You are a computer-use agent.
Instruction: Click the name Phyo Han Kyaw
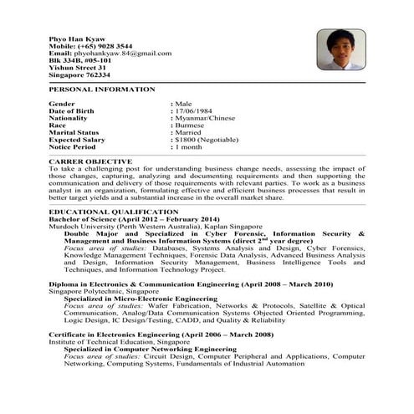pyautogui.click(x=79, y=37)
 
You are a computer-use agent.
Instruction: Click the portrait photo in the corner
pyautogui.click(x=340, y=51)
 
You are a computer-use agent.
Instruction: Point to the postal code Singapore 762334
pyautogui.click(x=79, y=75)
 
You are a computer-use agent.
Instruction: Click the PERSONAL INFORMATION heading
pyautogui.click(x=101, y=89)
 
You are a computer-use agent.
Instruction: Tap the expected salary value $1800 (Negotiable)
pyautogui.click(x=212, y=140)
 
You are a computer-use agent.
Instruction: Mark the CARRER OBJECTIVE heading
pyautogui.click(x=90, y=161)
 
